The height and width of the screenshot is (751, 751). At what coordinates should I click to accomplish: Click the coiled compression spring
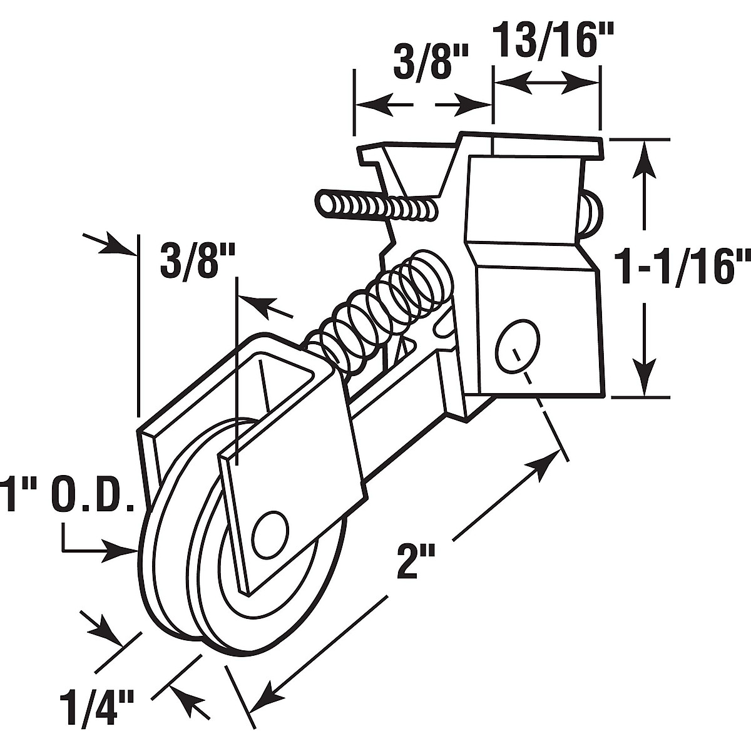coord(380,312)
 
